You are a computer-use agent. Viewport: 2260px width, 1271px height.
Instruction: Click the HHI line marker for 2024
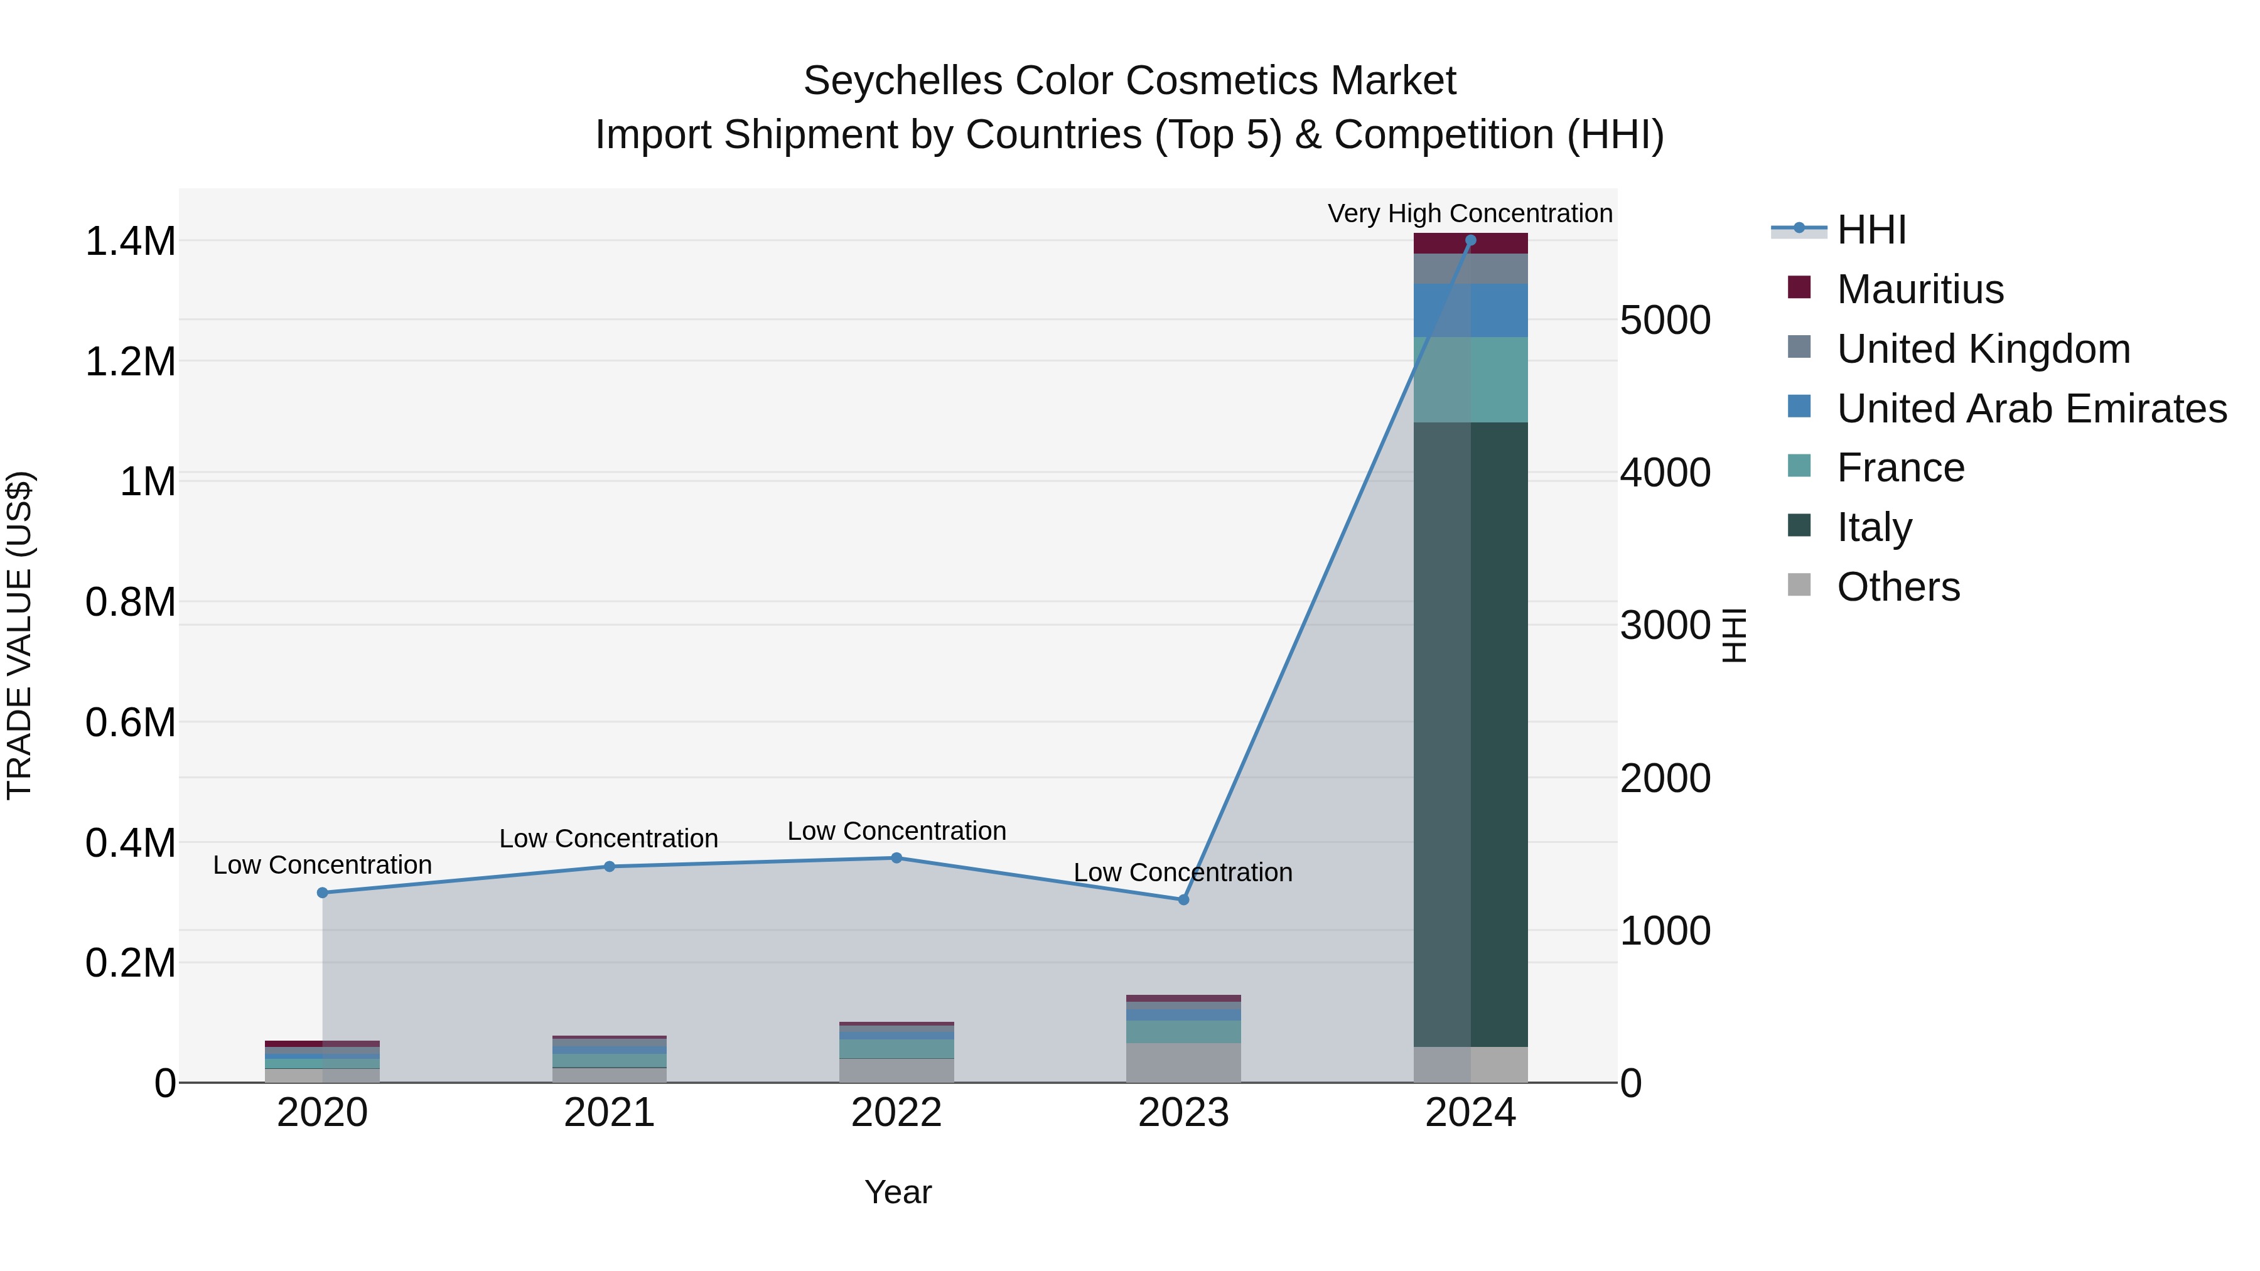pyautogui.click(x=1470, y=240)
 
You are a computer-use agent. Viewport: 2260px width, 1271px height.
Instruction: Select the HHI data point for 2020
pyautogui.click(x=322, y=892)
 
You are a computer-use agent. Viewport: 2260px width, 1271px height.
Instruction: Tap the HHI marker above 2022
pyautogui.click(x=896, y=858)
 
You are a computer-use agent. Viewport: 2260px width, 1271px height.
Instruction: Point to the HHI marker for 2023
pyautogui.click(x=1183, y=899)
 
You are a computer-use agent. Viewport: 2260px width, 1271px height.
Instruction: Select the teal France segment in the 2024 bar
pyautogui.click(x=1470, y=379)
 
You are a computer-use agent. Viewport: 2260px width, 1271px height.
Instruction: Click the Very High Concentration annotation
pyautogui.click(x=1470, y=213)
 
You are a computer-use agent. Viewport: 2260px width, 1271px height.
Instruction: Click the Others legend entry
pyautogui.click(x=1898, y=587)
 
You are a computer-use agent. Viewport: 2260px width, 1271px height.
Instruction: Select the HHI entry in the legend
pyautogui.click(x=1871, y=230)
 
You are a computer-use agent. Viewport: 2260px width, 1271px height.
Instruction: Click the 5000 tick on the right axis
pyautogui.click(x=1664, y=320)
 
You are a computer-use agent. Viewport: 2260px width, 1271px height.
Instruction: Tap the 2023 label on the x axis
pyautogui.click(x=1183, y=1113)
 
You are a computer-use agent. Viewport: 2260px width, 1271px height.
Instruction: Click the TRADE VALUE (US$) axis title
pyautogui.click(x=19, y=635)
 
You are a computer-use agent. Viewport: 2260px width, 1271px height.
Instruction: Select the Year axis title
pyautogui.click(x=898, y=1192)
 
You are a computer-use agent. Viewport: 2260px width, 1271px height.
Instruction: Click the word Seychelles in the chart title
pyautogui.click(x=902, y=81)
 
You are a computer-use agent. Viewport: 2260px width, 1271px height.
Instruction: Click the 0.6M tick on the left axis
pyautogui.click(x=130, y=723)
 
